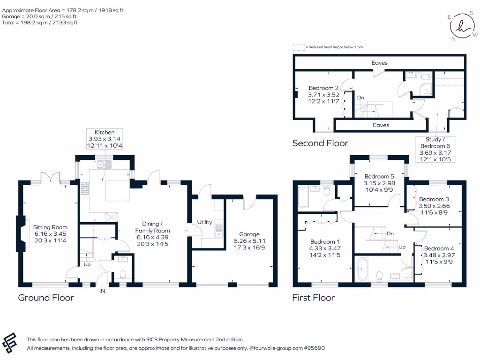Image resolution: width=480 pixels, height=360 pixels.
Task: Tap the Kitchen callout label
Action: click(x=105, y=139)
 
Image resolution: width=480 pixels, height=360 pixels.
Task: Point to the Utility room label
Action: click(x=204, y=222)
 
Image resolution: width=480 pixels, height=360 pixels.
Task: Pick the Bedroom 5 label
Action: click(x=376, y=183)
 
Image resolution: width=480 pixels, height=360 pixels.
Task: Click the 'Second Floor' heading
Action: click(x=320, y=143)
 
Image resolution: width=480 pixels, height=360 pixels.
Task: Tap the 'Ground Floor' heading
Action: click(x=46, y=298)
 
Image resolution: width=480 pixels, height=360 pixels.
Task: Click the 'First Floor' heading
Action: click(x=314, y=298)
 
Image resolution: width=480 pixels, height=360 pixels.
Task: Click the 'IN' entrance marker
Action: click(x=103, y=291)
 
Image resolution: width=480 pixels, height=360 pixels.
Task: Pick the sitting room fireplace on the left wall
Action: click(x=21, y=233)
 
